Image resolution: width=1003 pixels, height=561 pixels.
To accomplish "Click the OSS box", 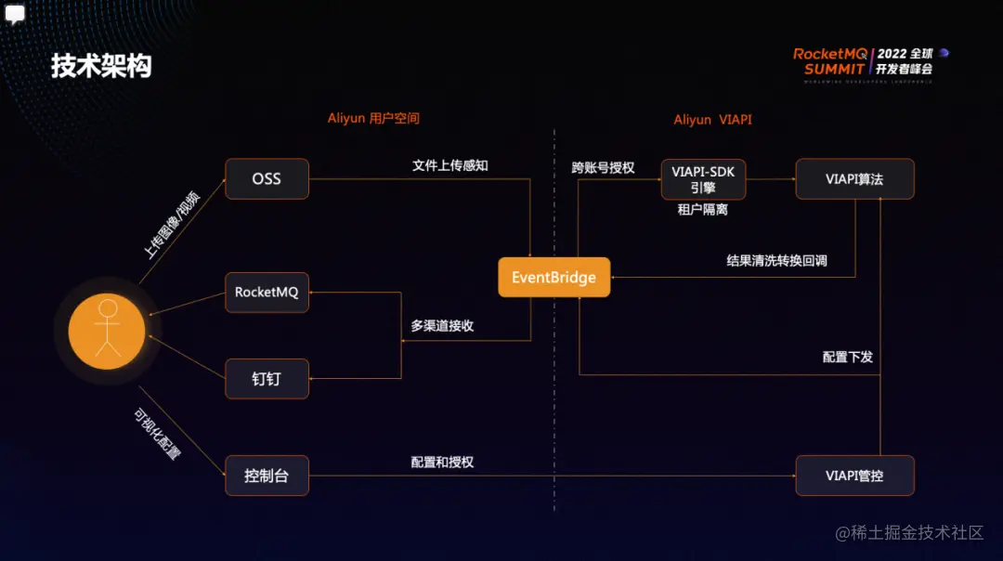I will (x=267, y=179).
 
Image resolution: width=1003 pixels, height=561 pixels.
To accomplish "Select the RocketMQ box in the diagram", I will (x=267, y=292).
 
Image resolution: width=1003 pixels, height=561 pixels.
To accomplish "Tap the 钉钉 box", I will (x=267, y=379).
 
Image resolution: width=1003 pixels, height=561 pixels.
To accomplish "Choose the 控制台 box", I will (x=267, y=476).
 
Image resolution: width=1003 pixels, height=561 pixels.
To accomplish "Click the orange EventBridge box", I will (x=554, y=278).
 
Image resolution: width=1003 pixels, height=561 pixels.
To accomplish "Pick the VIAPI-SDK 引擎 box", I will (x=703, y=179).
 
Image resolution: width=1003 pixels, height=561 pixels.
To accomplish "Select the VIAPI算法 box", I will (x=854, y=179).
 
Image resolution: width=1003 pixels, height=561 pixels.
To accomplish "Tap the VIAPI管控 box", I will (x=854, y=476).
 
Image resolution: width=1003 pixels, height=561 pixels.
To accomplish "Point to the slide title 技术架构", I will (x=101, y=67).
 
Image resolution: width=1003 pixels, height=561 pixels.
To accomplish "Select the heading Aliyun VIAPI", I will (x=712, y=120).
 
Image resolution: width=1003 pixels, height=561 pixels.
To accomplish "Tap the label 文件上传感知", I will (x=449, y=165).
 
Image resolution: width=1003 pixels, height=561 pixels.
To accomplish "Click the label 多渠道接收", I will (x=442, y=326).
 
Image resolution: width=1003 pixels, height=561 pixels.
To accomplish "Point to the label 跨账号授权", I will (x=603, y=167).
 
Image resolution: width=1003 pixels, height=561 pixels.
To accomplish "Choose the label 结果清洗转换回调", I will (x=776, y=261).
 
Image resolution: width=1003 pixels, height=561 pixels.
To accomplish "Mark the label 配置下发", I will (x=847, y=357).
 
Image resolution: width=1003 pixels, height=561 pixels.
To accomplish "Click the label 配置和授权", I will (x=442, y=462).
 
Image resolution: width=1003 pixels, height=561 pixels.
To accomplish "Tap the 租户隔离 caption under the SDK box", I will (x=703, y=211).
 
